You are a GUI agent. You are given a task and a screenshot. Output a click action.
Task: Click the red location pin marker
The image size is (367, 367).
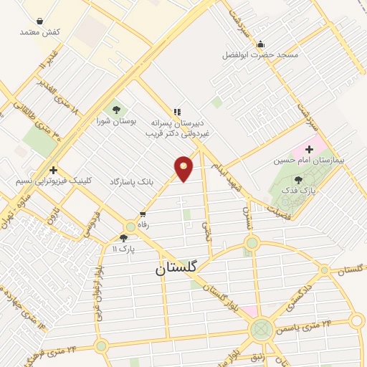pos(183,168)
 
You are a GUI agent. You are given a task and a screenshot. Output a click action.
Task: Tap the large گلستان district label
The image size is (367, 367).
pos(179,269)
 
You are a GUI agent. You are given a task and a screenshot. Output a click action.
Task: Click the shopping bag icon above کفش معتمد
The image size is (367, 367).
pos(39,22)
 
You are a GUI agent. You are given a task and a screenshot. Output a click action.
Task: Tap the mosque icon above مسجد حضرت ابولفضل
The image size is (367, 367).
pos(260,44)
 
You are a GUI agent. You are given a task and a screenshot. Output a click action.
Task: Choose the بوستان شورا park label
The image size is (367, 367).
pos(115,121)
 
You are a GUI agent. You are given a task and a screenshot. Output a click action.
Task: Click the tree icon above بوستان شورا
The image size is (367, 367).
pos(115,110)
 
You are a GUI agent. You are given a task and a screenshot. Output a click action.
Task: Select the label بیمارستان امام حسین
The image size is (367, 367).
pos(308,161)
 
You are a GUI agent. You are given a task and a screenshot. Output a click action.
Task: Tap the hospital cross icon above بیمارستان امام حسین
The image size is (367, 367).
pos(309,149)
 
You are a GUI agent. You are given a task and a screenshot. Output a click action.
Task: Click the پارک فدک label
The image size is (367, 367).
pos(298,191)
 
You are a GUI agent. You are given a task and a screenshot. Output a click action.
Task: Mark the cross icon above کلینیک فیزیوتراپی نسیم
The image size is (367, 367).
pos(53,170)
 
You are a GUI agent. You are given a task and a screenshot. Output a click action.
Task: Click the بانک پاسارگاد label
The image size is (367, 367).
pos(132,183)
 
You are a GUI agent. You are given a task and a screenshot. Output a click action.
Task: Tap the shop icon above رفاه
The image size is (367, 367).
pos(143,214)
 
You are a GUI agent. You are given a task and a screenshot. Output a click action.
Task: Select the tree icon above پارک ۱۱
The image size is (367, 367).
pos(123,238)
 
